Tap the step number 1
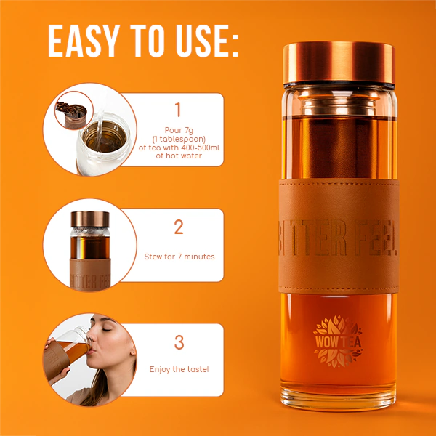click(177, 110)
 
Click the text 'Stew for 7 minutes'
click(179, 257)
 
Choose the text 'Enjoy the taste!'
click(179, 370)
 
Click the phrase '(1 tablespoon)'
click(177, 139)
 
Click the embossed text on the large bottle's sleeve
click(338, 233)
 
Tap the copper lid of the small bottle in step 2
click(86, 219)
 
